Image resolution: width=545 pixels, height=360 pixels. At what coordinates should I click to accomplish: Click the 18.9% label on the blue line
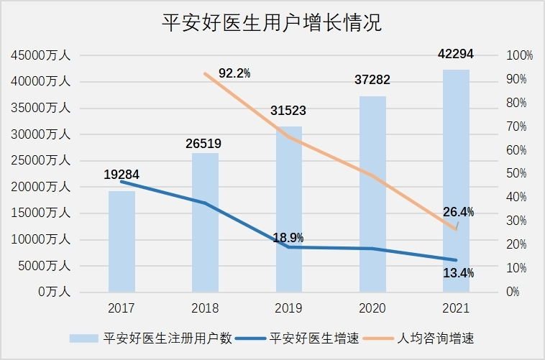point(288,237)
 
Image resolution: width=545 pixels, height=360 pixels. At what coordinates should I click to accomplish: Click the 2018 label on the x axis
point(205,308)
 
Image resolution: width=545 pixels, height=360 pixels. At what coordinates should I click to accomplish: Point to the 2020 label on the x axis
point(372,308)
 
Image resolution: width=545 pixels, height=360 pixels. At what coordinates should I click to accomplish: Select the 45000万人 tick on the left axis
point(40,55)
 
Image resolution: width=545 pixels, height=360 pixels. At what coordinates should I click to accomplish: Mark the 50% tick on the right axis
point(516,173)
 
